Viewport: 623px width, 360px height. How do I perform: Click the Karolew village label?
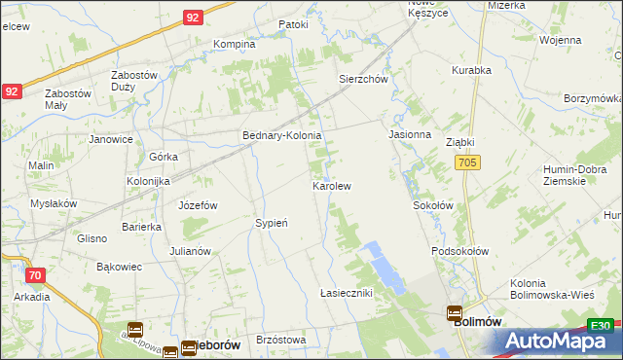(x=331, y=185)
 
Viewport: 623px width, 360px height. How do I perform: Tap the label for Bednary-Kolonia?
(x=282, y=136)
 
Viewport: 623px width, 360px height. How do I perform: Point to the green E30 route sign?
(x=601, y=326)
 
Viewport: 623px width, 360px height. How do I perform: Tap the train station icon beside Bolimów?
(x=455, y=313)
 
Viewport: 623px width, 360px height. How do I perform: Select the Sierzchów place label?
(x=363, y=80)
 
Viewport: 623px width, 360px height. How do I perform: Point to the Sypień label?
(x=271, y=223)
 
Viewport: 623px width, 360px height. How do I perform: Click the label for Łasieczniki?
(x=347, y=293)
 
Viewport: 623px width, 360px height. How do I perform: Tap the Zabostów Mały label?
(x=68, y=100)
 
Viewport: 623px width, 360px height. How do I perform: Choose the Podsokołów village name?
(x=459, y=251)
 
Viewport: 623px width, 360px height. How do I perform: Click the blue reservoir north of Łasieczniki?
(x=382, y=266)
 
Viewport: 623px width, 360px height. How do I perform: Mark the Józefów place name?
(x=198, y=205)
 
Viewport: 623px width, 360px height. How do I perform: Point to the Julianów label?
(x=190, y=251)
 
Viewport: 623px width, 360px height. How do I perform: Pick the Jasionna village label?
(x=409, y=134)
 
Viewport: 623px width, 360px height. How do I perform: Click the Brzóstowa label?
(x=281, y=341)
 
